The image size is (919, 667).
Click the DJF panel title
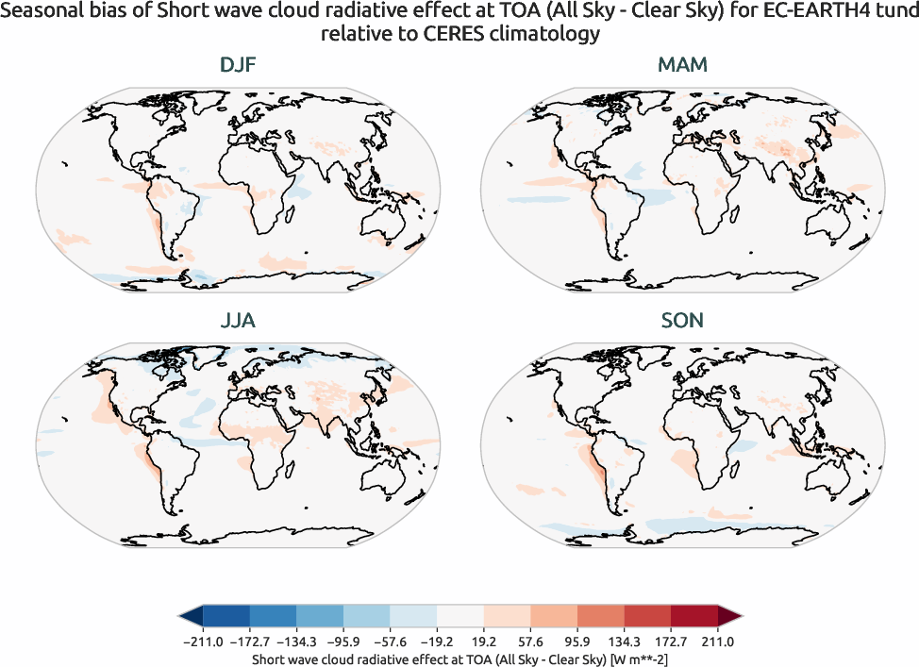(x=238, y=65)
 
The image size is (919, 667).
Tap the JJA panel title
(x=238, y=321)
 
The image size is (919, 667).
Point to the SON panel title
(x=681, y=321)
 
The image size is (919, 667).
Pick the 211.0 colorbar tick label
(x=717, y=642)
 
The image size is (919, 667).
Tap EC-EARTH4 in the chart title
(x=800, y=13)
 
